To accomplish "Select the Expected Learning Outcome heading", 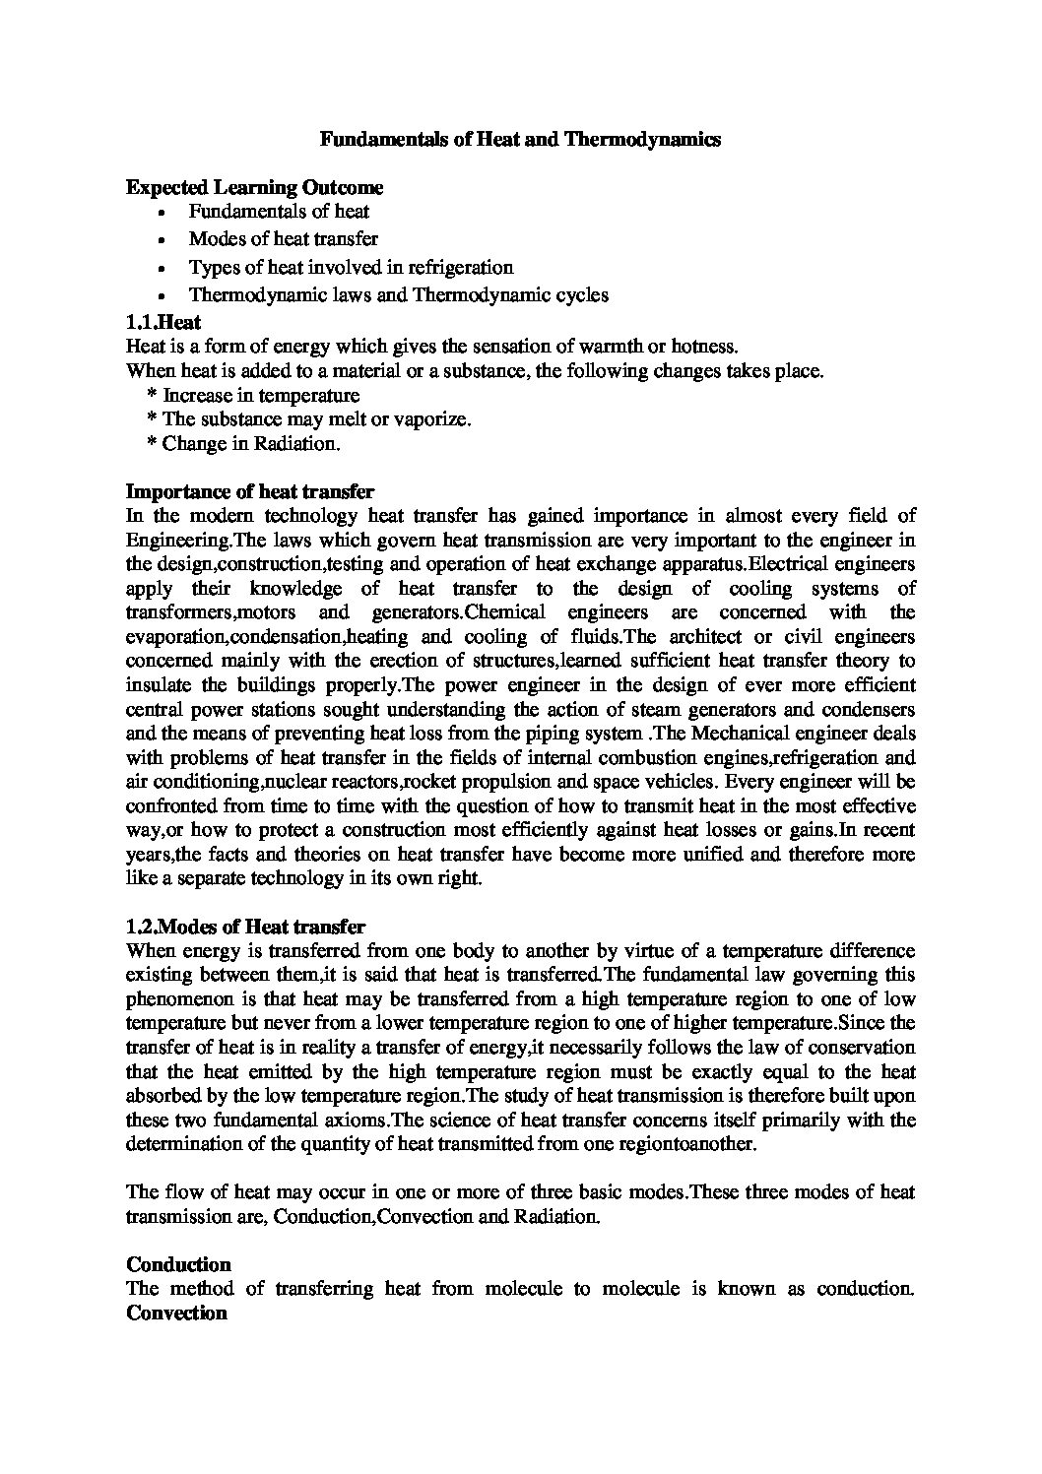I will click(x=255, y=187).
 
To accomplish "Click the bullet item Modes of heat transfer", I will click(x=283, y=238).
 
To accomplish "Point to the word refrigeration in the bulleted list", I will click(x=464, y=267).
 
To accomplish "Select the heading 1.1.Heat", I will click(x=164, y=321).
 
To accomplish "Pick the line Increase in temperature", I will click(x=260, y=395).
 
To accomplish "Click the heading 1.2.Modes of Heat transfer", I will click(x=246, y=927).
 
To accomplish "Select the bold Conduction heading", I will click(x=179, y=1264).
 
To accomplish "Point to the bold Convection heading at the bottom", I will click(x=177, y=1313).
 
